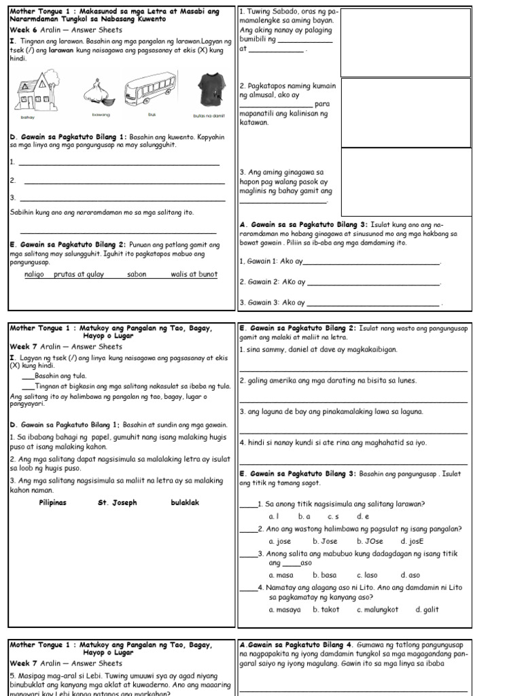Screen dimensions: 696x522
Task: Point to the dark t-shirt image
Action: [x=208, y=91]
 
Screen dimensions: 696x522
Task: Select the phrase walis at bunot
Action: [x=194, y=274]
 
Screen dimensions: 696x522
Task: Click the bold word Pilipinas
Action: [x=53, y=503]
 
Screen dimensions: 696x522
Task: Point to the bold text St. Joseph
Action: [x=118, y=503]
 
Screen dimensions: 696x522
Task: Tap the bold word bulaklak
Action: [x=185, y=503]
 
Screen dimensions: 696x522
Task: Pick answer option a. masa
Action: [x=281, y=575]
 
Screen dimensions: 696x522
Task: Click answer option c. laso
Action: [x=367, y=575]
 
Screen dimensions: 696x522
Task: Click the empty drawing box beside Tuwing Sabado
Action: [x=406, y=42]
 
